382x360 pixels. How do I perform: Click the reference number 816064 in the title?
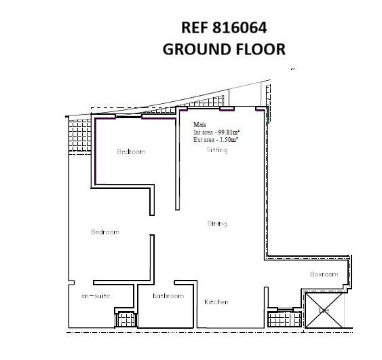(240, 28)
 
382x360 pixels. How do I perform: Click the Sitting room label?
(217, 150)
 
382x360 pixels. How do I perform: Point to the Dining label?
(217, 223)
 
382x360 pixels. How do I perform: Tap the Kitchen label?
(216, 302)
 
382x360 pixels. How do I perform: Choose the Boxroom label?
(324, 274)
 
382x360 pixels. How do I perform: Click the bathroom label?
(168, 296)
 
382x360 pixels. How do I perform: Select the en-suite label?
(96, 296)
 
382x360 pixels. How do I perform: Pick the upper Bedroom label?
(131, 151)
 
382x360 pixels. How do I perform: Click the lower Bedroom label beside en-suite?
(105, 232)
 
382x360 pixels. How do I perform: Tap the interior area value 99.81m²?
(229, 132)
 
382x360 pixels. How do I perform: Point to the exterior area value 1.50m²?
(229, 140)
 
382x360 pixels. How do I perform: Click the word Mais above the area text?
(199, 124)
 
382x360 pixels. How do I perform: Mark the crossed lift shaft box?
(324, 310)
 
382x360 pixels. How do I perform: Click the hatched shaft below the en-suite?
(126, 319)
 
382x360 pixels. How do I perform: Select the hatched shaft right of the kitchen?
(284, 319)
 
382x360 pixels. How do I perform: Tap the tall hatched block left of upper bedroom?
(79, 135)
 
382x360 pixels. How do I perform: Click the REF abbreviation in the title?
(194, 28)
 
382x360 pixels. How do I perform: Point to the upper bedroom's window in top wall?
(128, 116)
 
